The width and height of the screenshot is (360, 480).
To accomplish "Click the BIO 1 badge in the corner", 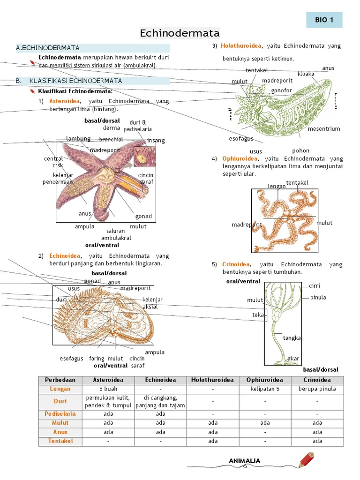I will click(x=324, y=20).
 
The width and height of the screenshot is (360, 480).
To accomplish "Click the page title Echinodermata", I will click(x=180, y=33).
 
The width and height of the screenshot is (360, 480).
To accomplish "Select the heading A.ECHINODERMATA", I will click(x=48, y=48).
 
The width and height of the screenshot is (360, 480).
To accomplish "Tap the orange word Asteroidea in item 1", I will click(x=65, y=101).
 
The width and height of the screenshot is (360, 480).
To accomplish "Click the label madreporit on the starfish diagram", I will click(x=105, y=150).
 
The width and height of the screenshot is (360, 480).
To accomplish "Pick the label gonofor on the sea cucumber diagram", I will click(x=281, y=90).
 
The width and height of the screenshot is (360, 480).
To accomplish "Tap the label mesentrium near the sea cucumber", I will click(x=324, y=128).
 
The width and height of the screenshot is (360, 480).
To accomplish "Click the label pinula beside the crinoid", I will click(x=318, y=297).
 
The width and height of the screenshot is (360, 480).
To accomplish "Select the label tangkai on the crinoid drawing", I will click(x=292, y=337).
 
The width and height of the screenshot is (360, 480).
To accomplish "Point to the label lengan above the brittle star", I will click(x=277, y=186).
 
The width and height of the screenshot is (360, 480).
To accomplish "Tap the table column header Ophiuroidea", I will click(x=265, y=380).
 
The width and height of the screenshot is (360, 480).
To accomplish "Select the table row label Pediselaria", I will click(x=60, y=414).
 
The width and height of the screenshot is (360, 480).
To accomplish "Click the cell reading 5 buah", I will click(x=108, y=389).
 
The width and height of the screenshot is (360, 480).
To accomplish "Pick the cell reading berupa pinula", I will click(x=317, y=389).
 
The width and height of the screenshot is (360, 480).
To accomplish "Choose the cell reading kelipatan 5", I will click(x=265, y=389).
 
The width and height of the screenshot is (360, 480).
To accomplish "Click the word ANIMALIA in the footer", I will click(x=244, y=461).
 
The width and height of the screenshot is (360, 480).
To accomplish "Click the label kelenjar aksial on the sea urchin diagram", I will click(x=152, y=303).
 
